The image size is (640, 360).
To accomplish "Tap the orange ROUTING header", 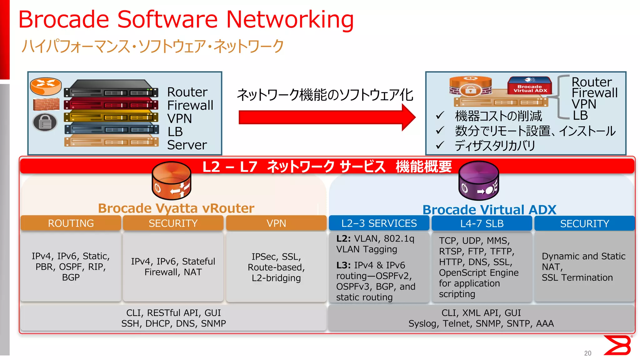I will coord(71,223).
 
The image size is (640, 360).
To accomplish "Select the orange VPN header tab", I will coord(276,223).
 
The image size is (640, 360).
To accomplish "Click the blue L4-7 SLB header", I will coord(482,223).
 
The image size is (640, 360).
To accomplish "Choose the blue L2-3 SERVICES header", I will coord(379,223).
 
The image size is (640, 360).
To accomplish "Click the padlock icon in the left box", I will coord(45,122).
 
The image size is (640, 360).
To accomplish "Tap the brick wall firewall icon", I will coord(46,104).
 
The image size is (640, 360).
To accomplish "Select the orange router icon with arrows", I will coord(46,86).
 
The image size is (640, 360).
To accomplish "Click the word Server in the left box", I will coord(187,145).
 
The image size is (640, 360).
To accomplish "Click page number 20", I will coord(587,353).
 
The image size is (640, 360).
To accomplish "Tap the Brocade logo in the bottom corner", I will coord(617,345).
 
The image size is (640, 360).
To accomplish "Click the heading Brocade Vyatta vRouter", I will coord(176,208).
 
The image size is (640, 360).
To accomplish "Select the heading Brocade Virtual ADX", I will coord(489,209).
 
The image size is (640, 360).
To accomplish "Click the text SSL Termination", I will coord(577,277).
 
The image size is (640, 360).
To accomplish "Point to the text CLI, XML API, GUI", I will coord(481,313).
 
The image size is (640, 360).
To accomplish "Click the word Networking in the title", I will coord(290,19).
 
